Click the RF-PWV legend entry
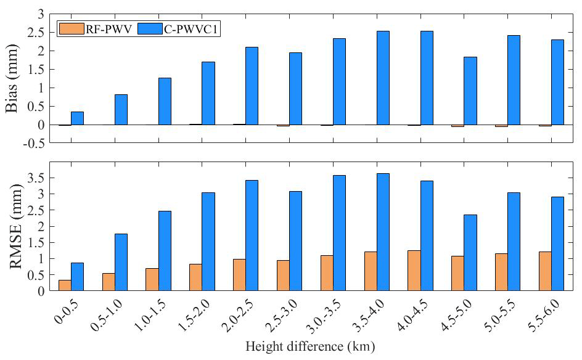92,28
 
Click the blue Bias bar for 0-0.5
77,118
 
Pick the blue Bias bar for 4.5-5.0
470,91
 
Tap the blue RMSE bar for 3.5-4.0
383,232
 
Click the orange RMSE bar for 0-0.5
65,285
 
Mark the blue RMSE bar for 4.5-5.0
470,252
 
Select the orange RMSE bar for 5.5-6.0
544,271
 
